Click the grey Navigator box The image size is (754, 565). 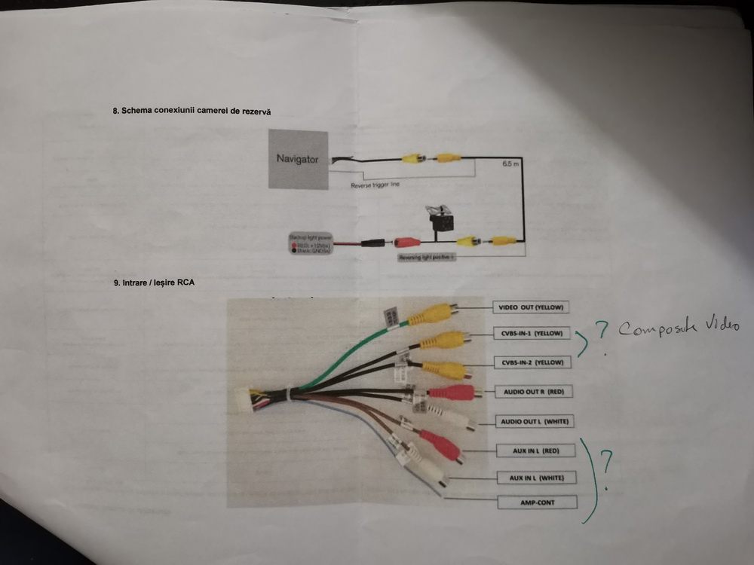click(298, 159)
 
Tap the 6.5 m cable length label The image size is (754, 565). click(510, 164)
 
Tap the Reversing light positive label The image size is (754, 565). click(428, 257)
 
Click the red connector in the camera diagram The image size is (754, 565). click(406, 243)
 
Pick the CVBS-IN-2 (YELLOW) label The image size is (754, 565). click(532, 362)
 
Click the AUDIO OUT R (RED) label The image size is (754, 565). click(532, 392)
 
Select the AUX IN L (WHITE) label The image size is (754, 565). click(535, 478)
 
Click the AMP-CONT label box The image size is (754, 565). click(537, 502)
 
